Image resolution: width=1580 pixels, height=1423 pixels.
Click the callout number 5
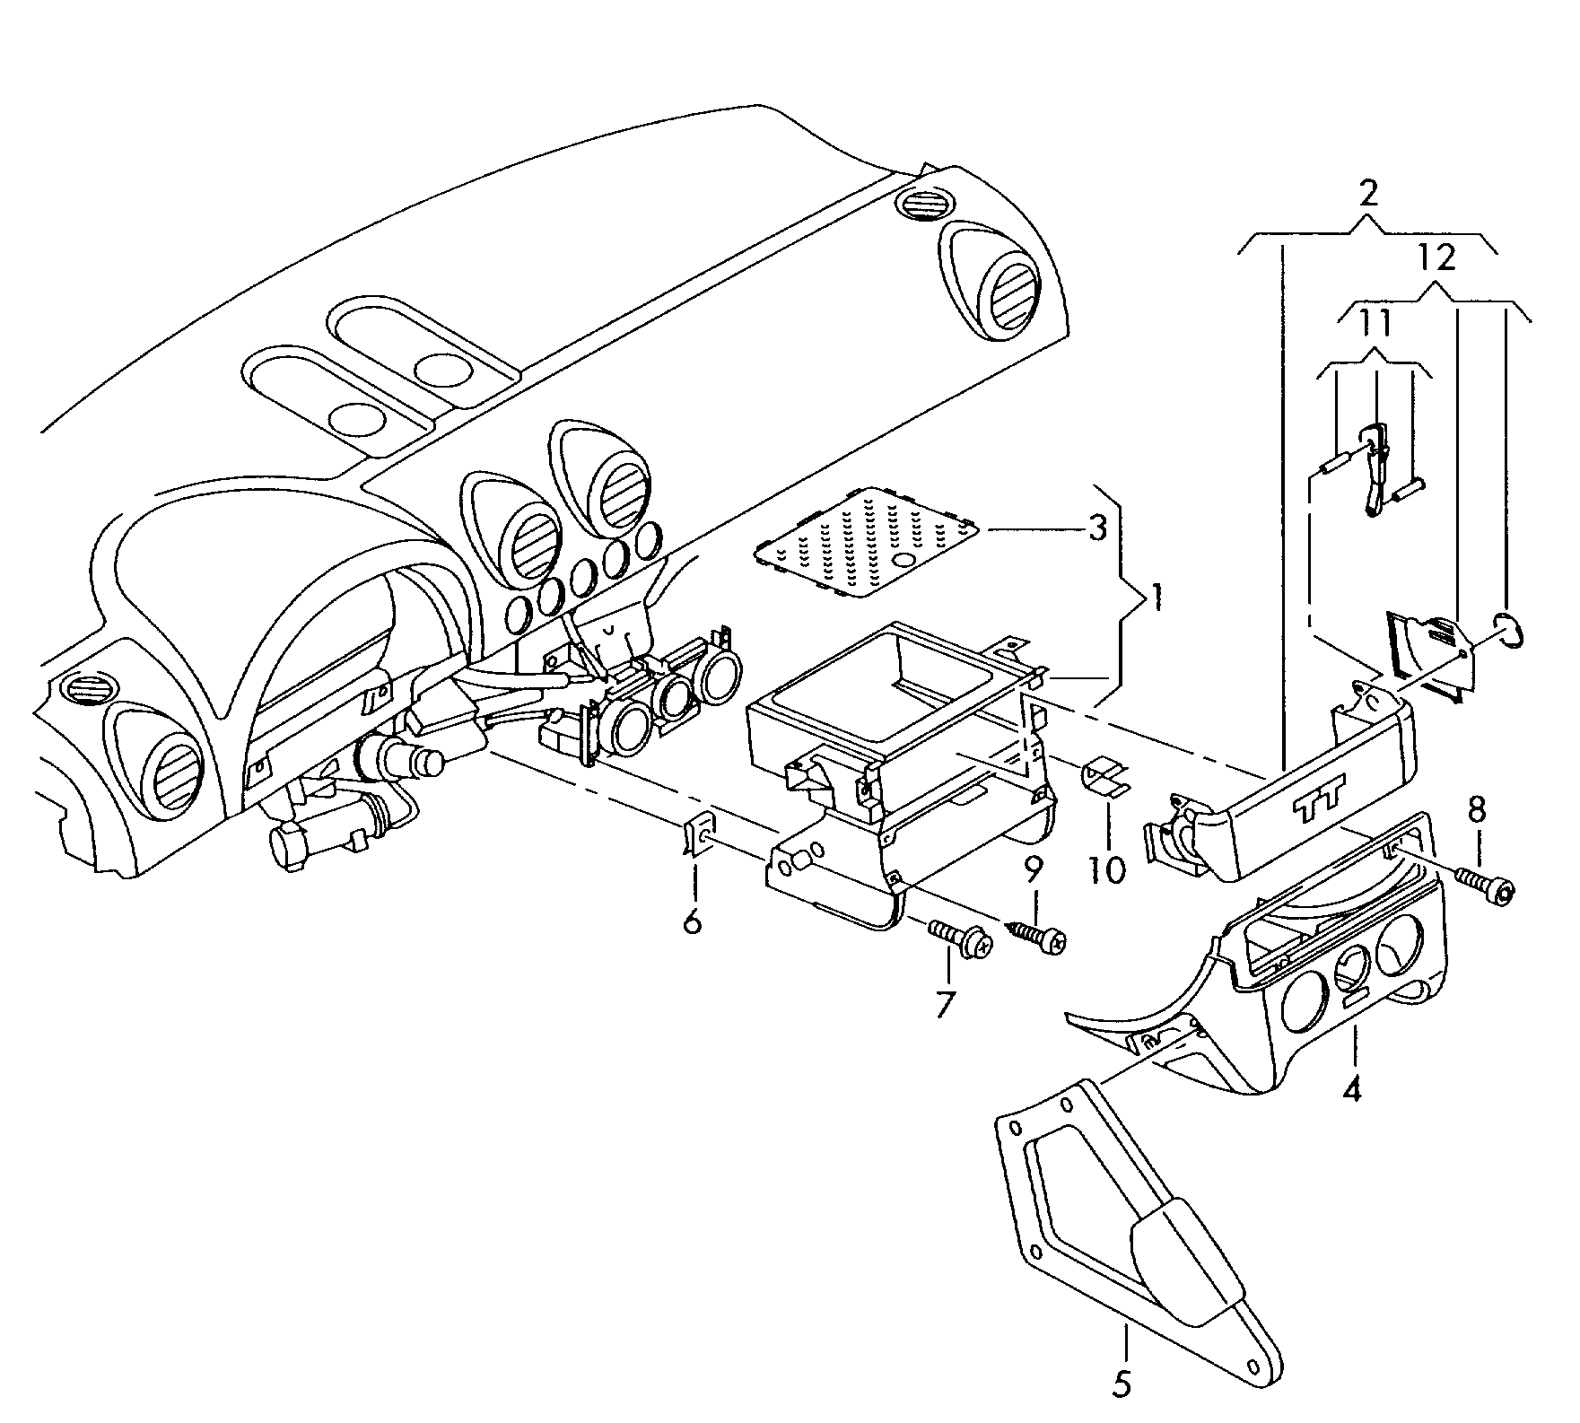pyautogui.click(x=1122, y=1410)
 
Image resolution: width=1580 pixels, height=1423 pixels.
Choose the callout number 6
pyautogui.click(x=692, y=921)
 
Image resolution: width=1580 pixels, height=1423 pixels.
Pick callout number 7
pyautogui.click(x=944, y=1004)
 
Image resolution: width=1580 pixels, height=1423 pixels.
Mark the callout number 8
pyautogui.click(x=1476, y=810)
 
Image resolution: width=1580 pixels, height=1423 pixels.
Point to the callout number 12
pyautogui.click(x=1436, y=258)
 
